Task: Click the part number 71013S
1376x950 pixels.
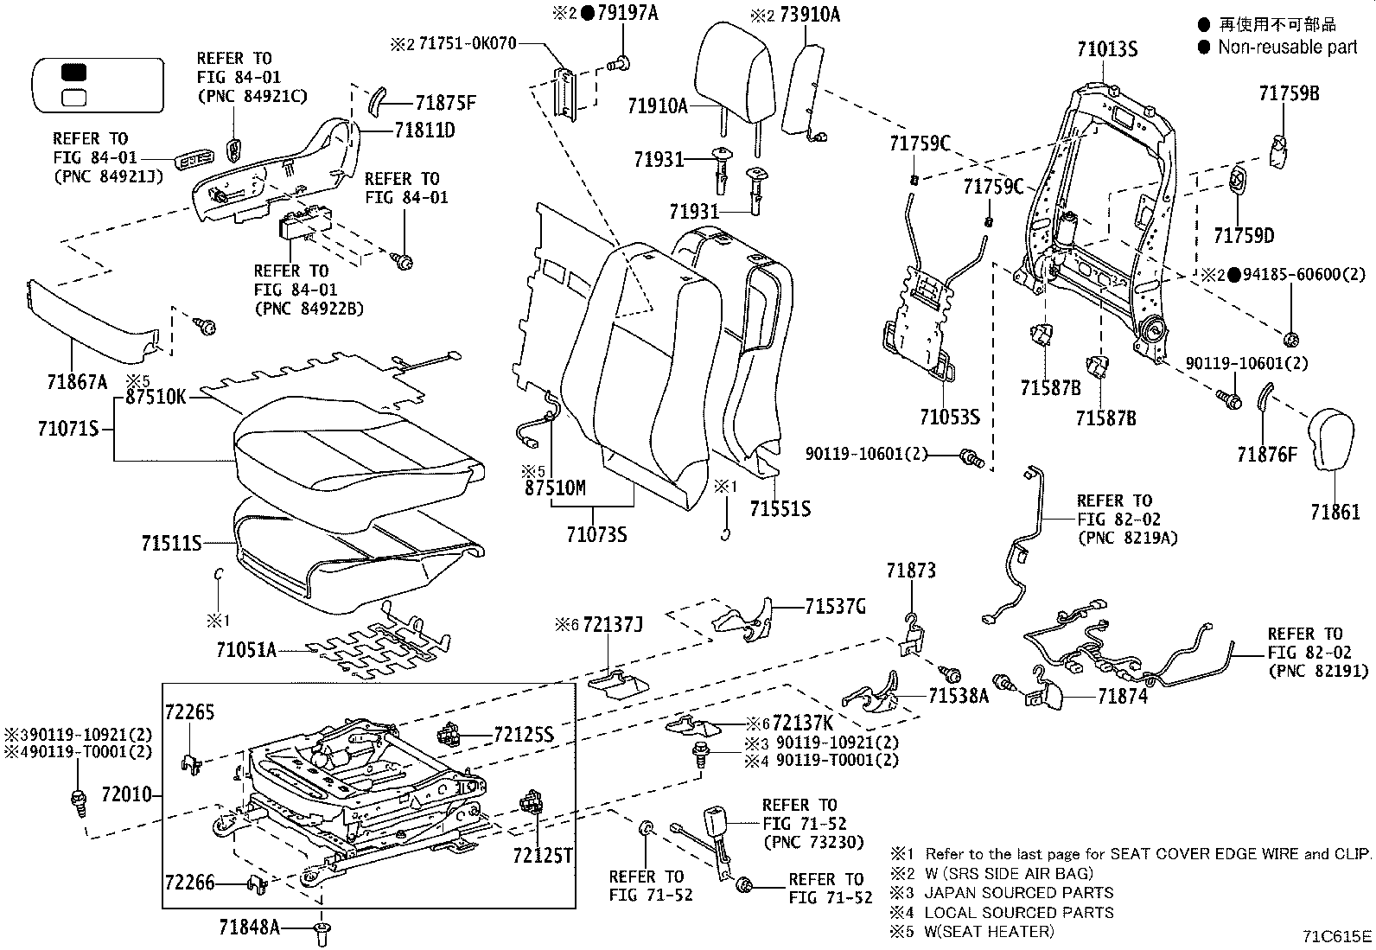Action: [x=1106, y=49]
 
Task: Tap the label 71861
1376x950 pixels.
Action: [x=1335, y=513]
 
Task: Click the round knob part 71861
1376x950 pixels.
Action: [x=1335, y=441]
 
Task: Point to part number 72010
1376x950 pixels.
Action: [x=126, y=794]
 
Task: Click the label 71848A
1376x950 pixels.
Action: [x=249, y=928]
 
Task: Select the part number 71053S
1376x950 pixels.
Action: [x=949, y=418]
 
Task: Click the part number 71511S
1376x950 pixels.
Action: [x=171, y=543]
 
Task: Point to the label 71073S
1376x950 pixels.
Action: [x=596, y=535]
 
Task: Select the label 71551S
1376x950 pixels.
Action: [x=780, y=508]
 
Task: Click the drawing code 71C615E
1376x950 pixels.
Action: [x=1337, y=935]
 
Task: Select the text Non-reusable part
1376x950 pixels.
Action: [x=1287, y=48]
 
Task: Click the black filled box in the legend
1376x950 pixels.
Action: [x=75, y=73]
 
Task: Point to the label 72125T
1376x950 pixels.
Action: [x=542, y=855]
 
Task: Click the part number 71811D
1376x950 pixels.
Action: [x=424, y=131]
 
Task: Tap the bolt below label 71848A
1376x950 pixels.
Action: [x=323, y=932]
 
